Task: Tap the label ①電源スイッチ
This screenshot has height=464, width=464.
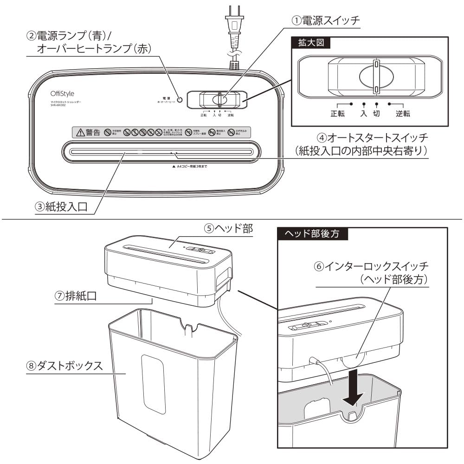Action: pyautogui.click(x=325, y=20)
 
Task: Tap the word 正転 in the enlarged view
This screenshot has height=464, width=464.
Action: pyautogui.click(x=337, y=113)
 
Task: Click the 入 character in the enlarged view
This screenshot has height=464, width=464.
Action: pyautogui.click(x=364, y=113)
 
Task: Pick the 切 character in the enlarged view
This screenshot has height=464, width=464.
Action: pyautogui.click(x=376, y=113)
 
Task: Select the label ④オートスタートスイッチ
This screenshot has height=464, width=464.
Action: pyautogui.click(x=371, y=138)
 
